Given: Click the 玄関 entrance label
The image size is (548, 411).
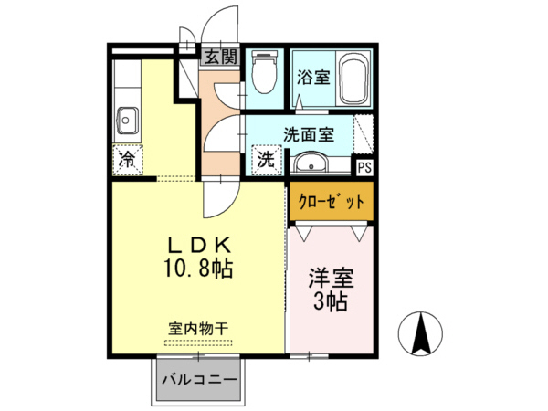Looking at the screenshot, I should (219, 57).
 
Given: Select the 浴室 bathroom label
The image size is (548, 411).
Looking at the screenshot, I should (313, 79).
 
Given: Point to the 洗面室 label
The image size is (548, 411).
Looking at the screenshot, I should (308, 133).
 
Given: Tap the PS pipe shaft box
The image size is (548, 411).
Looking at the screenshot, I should (364, 167).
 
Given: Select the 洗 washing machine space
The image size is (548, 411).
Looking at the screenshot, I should (265, 160).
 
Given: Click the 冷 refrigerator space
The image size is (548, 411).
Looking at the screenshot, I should (128, 161).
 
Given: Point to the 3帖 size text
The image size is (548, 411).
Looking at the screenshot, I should (331, 302).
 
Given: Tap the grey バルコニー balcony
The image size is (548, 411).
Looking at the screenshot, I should (200, 378).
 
